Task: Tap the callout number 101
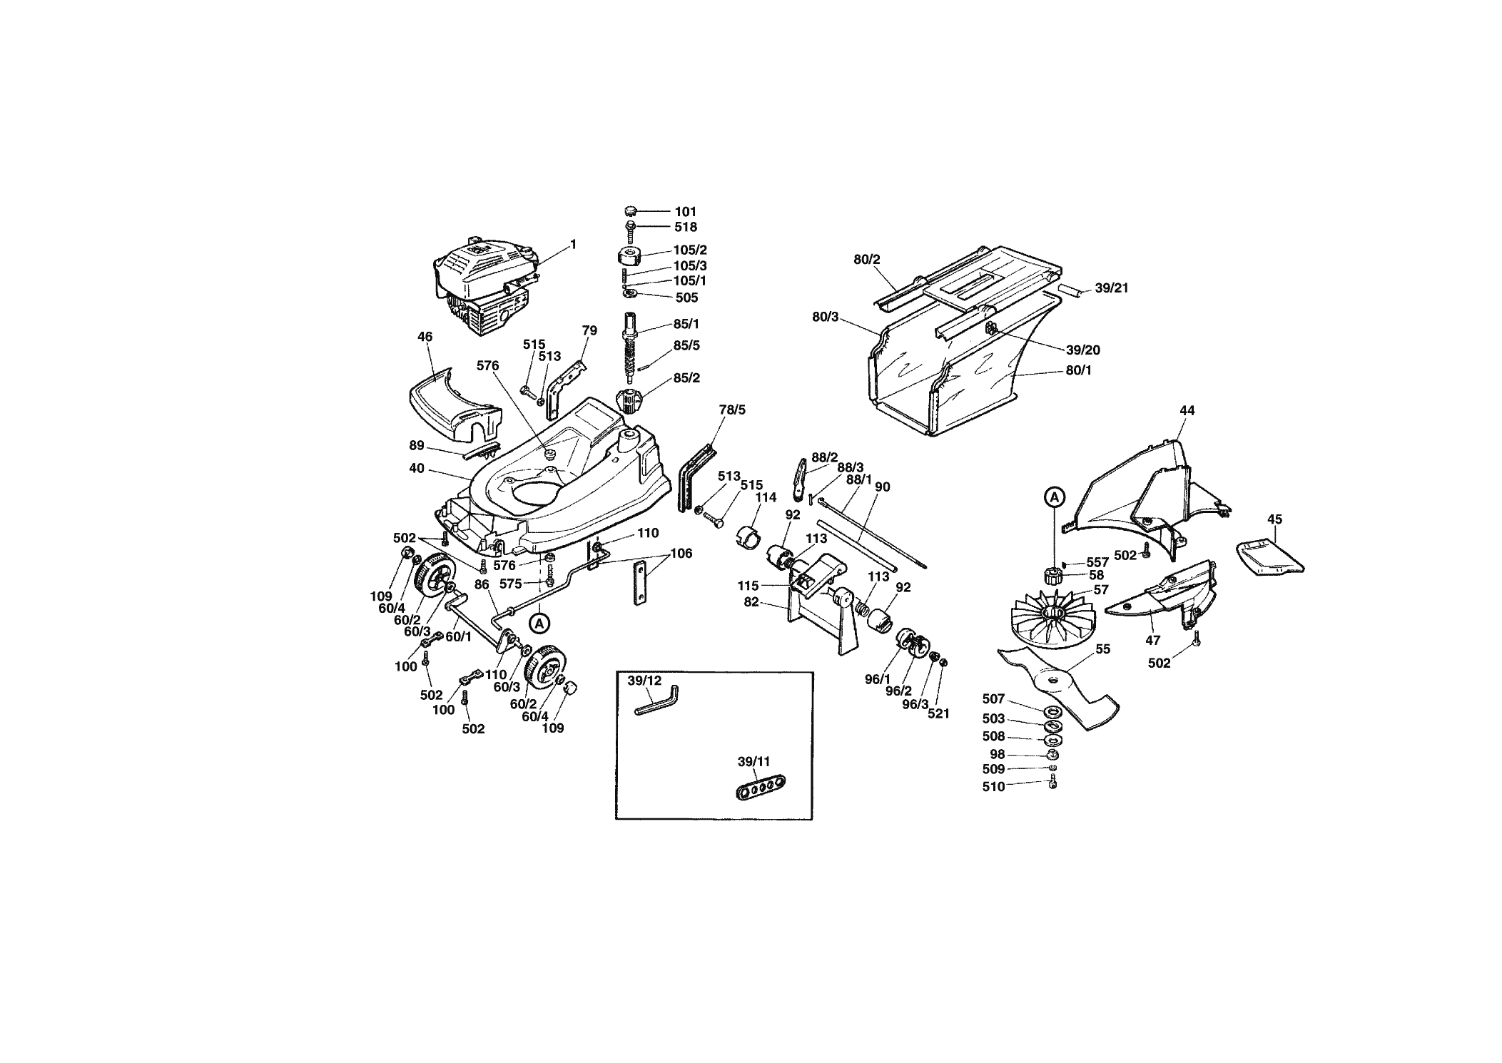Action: pyautogui.click(x=686, y=212)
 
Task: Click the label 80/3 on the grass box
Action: pyautogui.click(x=826, y=317)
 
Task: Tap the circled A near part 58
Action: pyautogui.click(x=1054, y=497)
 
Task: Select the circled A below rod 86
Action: pyautogui.click(x=540, y=623)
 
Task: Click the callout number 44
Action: pyautogui.click(x=1187, y=411)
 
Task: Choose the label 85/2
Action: pyautogui.click(x=686, y=378)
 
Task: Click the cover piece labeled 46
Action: pyautogui.click(x=455, y=404)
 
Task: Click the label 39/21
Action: pyautogui.click(x=1112, y=289)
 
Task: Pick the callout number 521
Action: pyautogui.click(x=938, y=713)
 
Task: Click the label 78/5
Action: pyautogui.click(x=732, y=410)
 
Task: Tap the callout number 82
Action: pyautogui.click(x=751, y=603)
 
